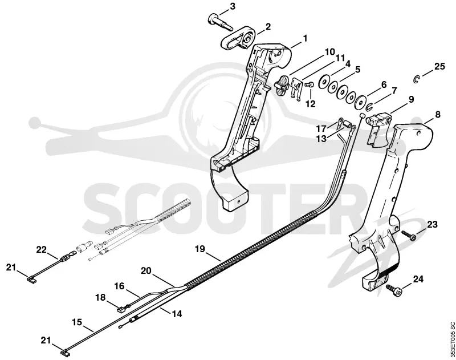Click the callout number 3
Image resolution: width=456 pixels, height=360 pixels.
pos(233,7)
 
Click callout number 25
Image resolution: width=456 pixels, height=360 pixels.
pos(439,67)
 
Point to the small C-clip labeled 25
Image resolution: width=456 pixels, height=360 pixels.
pos(417,79)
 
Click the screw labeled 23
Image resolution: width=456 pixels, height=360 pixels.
pos(408,235)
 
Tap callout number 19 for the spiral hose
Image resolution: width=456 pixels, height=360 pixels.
pos(200,249)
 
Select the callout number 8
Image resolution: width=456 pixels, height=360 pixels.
pos(437,115)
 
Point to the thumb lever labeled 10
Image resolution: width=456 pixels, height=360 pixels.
pos(282,84)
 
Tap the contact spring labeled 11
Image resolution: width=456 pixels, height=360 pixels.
pos(296,89)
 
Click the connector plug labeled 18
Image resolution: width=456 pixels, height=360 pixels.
pos(120,310)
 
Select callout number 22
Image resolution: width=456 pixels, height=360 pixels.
pos(41,249)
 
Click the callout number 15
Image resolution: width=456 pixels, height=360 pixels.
pos(78,322)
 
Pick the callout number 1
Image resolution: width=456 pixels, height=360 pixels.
pos(305,38)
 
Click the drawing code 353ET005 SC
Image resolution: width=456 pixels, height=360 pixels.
pos(451,339)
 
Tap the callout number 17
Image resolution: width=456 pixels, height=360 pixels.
pos(322,128)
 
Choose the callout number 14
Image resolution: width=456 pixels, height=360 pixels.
pos(177,314)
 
